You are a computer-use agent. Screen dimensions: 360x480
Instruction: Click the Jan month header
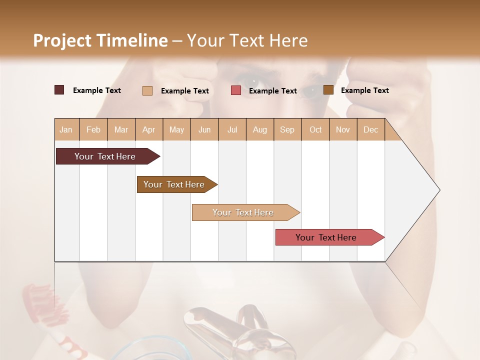point(66,129)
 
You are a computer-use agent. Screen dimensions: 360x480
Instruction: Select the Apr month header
point(148,129)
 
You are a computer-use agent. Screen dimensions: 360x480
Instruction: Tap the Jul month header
point(232,129)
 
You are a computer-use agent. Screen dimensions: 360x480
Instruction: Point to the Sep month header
point(287,129)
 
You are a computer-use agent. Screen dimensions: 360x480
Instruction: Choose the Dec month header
point(370,129)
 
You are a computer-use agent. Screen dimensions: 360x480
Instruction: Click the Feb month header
point(93,129)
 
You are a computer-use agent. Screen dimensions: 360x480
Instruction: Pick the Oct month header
point(315,129)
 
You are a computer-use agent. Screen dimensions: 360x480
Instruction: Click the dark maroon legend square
point(59,90)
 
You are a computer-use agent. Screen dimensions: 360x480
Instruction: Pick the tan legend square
point(147,90)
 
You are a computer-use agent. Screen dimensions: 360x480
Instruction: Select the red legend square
point(236,90)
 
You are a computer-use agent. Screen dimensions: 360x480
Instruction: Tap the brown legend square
point(328,90)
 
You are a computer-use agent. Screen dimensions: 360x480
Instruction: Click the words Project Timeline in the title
point(100,40)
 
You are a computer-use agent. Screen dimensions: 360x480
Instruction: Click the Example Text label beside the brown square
point(364,90)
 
